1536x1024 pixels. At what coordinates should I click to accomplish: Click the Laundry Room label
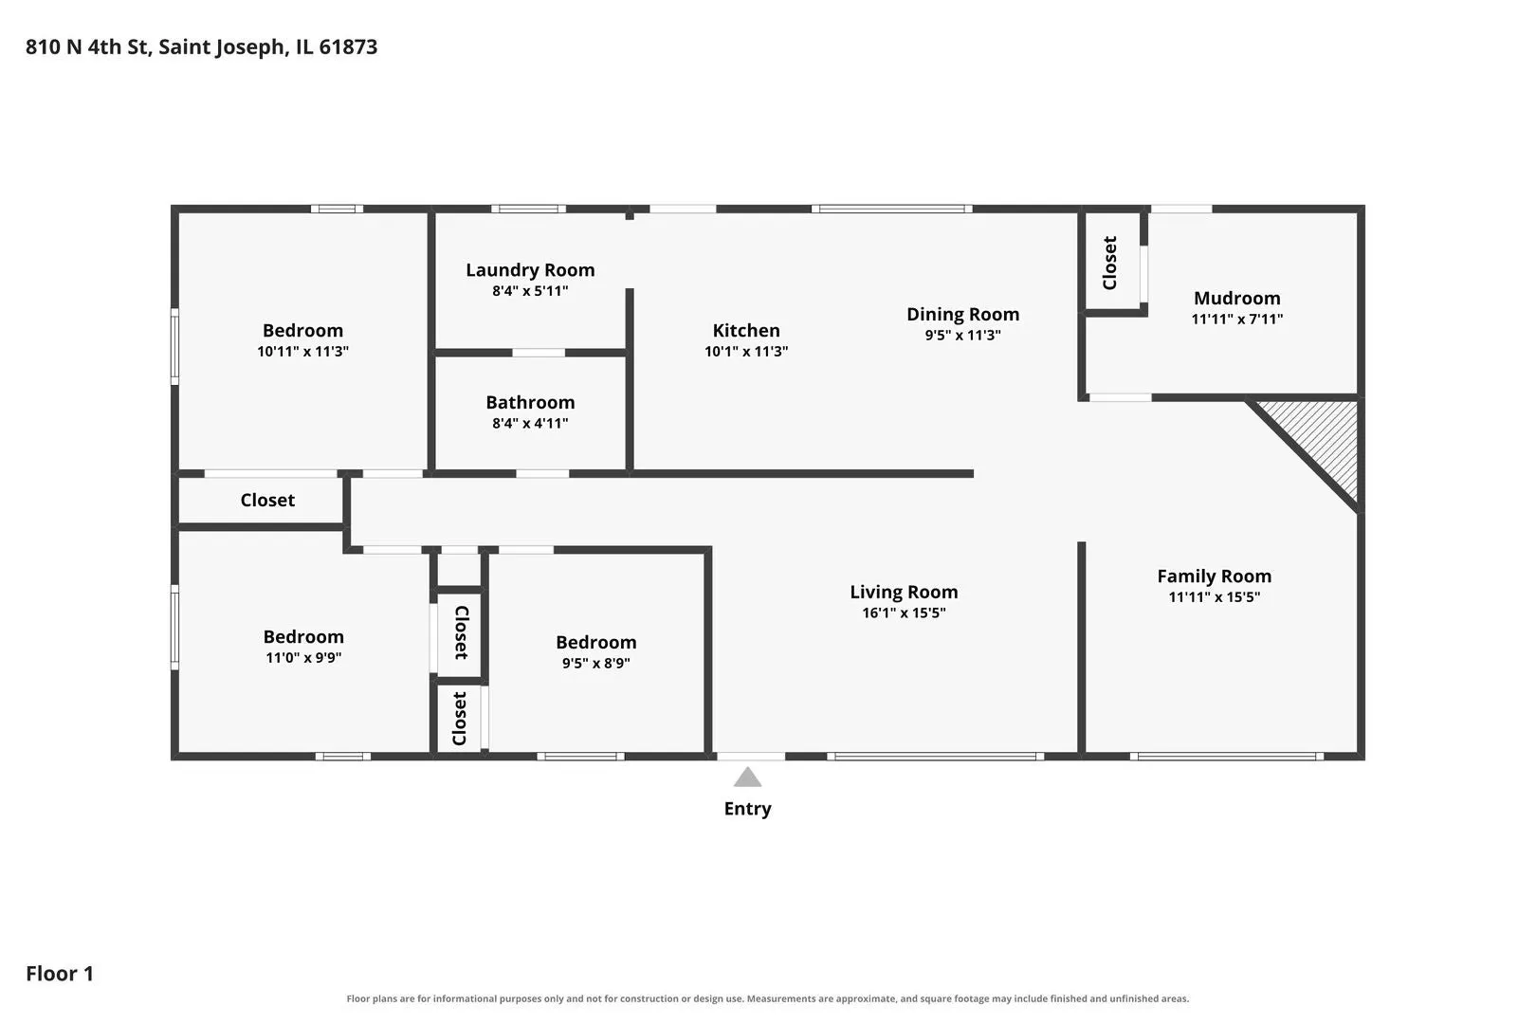click(x=530, y=270)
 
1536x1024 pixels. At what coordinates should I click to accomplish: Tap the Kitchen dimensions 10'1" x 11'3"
click(x=746, y=351)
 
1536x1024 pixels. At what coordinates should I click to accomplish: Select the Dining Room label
click(x=962, y=314)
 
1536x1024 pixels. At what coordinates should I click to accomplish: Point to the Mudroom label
click(x=1237, y=299)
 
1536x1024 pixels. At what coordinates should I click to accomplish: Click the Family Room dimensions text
click(x=1215, y=596)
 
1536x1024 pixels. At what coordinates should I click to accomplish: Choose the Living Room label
click(x=904, y=592)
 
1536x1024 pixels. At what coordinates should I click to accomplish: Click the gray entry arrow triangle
click(x=747, y=777)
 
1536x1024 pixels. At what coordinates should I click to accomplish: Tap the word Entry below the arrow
click(x=747, y=809)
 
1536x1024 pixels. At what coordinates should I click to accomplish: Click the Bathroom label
click(x=530, y=402)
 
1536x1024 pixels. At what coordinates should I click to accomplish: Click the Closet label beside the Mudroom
click(x=1109, y=263)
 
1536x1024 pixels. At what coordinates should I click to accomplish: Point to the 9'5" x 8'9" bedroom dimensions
click(x=595, y=664)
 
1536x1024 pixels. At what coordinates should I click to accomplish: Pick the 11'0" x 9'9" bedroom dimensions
click(x=303, y=658)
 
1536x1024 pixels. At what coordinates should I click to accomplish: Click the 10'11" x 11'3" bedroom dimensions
click(x=302, y=351)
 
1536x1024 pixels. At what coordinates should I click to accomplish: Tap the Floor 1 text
click(x=60, y=973)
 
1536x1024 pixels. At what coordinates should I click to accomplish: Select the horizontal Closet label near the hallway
click(x=267, y=500)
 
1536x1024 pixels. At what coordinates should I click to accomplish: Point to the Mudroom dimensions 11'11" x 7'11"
click(x=1237, y=319)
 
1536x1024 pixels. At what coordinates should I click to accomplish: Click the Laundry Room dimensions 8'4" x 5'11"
click(x=530, y=291)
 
